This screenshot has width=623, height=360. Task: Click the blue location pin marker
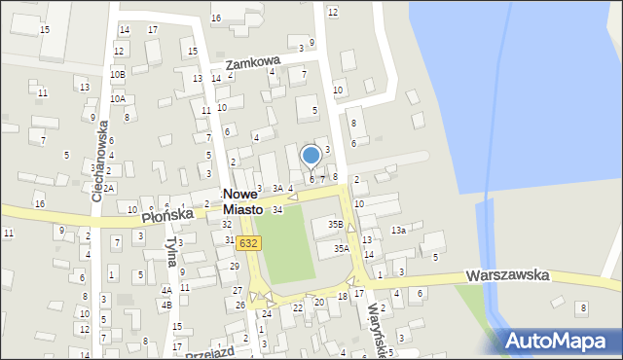tap(311, 156)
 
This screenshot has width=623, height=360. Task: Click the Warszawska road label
tap(507, 275)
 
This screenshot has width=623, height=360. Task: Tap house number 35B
tap(335, 225)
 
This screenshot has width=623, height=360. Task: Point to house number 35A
tap(341, 249)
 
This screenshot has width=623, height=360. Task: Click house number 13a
tap(398, 230)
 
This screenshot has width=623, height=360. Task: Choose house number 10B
tap(118, 74)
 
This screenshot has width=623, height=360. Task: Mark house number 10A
tap(118, 98)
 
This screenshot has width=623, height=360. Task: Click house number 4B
tap(166, 306)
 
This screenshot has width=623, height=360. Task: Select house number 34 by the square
tap(277, 210)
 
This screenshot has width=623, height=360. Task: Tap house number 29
tap(235, 266)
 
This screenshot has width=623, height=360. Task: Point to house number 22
tap(298, 306)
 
